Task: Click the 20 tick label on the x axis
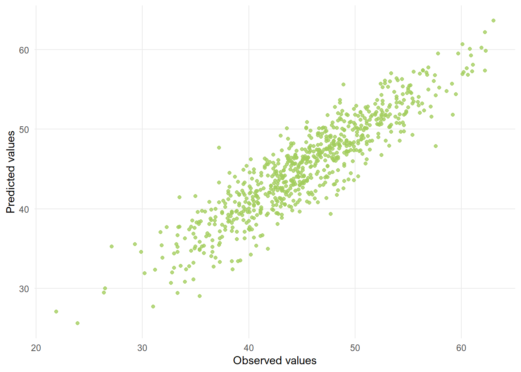pos(36,348)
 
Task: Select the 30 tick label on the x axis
pos(142,348)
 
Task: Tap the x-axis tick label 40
pos(248,348)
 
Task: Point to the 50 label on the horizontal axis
pos(355,348)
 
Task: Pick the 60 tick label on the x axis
pos(461,348)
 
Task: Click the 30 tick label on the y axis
pos(24,289)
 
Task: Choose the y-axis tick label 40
pos(24,209)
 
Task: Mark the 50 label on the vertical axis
pos(24,129)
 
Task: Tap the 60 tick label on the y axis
pos(24,50)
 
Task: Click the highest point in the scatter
pos(493,21)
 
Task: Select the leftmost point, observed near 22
pos(56,312)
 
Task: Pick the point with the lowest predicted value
pos(78,323)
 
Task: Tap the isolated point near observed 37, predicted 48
pos(219,148)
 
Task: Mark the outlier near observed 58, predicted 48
pos(436,146)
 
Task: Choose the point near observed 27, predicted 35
pos(112,246)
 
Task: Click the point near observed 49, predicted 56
pos(343,84)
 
